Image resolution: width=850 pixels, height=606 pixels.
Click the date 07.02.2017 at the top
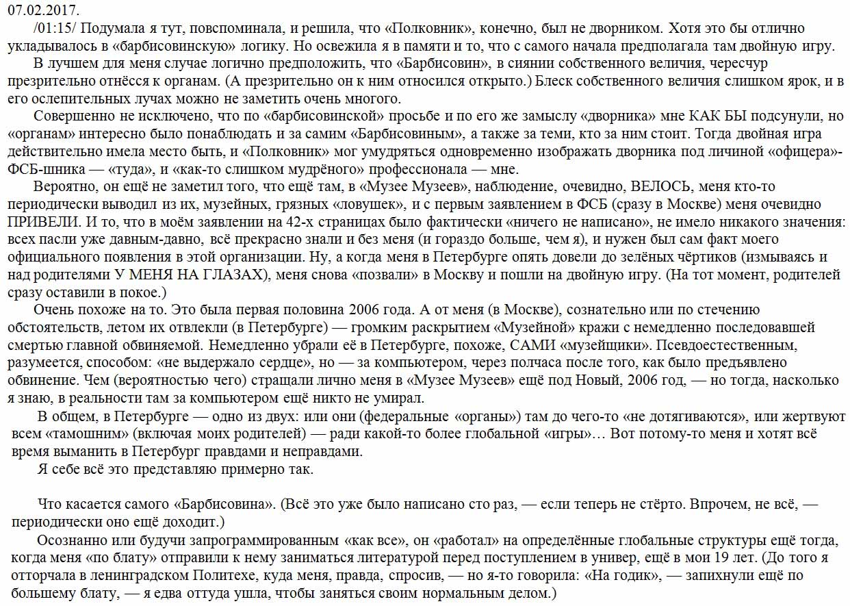(x=43, y=11)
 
